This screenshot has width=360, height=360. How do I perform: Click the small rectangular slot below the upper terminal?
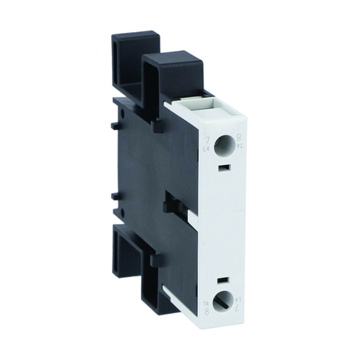(222, 167)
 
